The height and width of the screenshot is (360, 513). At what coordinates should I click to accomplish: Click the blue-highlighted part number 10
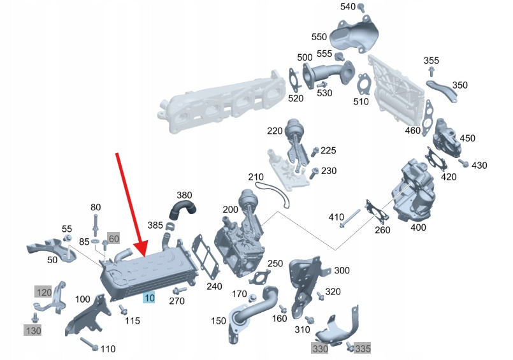coord(149,298)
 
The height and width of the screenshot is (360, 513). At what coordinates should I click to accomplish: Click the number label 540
coord(347,7)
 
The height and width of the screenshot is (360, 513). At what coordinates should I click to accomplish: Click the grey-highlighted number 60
coord(114,239)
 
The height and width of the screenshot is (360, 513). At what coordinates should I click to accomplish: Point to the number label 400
coord(418,227)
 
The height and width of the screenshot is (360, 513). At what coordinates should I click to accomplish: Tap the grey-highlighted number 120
coord(43,292)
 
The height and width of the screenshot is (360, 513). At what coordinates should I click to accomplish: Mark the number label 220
coord(275,131)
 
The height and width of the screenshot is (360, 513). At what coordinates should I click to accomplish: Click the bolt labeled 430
coord(463,164)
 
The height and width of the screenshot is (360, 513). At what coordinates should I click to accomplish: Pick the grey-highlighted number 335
coord(363,349)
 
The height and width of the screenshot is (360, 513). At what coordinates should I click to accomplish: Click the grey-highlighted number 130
coord(33,330)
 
